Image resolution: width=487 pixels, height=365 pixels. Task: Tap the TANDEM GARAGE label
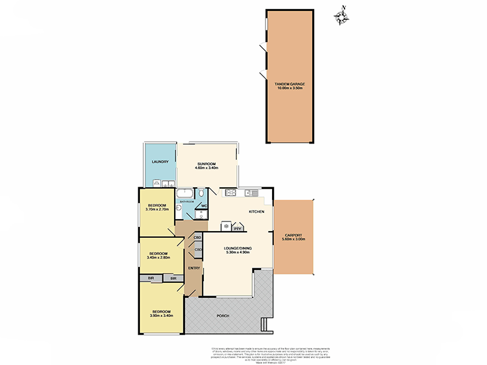coord(290,86)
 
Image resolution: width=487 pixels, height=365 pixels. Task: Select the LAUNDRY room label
coord(159,162)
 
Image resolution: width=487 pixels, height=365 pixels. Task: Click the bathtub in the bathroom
coord(186,194)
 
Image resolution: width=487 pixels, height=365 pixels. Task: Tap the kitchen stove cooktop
coord(231,193)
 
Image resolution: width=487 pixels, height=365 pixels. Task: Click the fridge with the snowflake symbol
coord(227,228)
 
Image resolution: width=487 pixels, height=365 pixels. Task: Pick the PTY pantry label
coord(238,229)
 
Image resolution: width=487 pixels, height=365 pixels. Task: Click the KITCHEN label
coord(255,212)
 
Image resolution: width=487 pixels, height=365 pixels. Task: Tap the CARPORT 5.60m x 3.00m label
coord(293,237)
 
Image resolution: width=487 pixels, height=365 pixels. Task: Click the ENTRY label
coord(194,268)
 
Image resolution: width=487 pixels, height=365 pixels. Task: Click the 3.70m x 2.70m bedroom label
coord(156,207)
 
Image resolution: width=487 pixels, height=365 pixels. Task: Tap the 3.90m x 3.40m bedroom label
coord(161,313)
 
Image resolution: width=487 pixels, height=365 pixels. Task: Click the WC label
coord(204,205)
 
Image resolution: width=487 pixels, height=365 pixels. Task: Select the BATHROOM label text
coord(186,201)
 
